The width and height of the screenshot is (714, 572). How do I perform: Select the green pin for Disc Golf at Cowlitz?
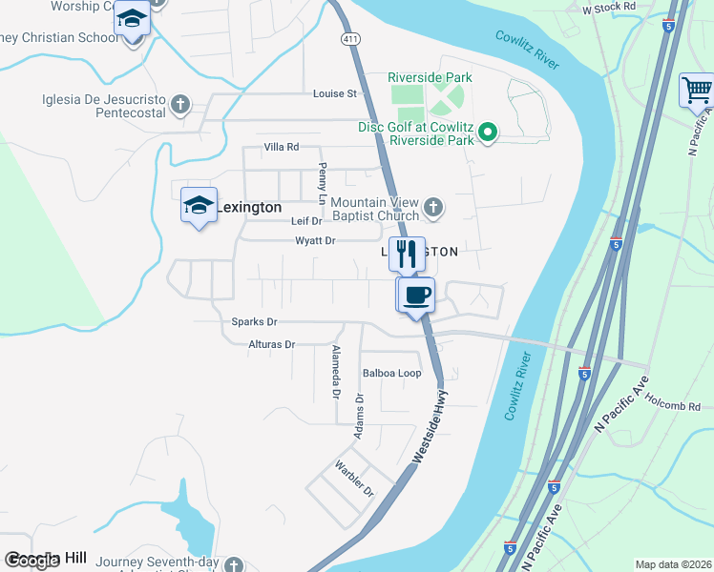[488, 133]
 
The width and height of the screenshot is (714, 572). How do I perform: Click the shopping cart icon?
[697, 92]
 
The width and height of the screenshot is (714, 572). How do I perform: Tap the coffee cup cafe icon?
[416, 295]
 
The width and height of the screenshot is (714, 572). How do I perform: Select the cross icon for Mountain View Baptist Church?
[432, 206]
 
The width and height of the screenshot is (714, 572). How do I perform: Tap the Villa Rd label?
[282, 148]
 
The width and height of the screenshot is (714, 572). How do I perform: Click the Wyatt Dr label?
[315, 241]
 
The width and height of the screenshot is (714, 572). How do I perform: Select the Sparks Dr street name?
[254, 322]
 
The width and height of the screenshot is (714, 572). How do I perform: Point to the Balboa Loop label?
[391, 373]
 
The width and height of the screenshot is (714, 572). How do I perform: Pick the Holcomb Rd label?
[677, 407]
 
